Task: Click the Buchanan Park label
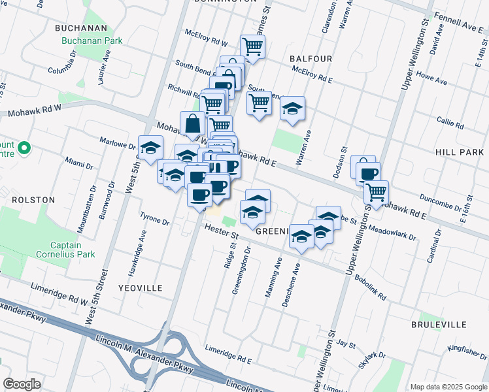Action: [x=92, y=41]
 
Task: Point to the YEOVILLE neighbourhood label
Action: [x=140, y=287]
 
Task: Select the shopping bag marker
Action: [x=193, y=123]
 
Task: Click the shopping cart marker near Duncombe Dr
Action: [x=376, y=192]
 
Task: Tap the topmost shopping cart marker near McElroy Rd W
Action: [x=252, y=46]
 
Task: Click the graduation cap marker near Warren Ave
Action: [x=292, y=108]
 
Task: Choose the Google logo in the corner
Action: [x=22, y=384]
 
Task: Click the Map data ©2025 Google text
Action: [x=448, y=387]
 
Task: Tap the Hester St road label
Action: [x=220, y=230]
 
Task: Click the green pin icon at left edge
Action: [x=25, y=149]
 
